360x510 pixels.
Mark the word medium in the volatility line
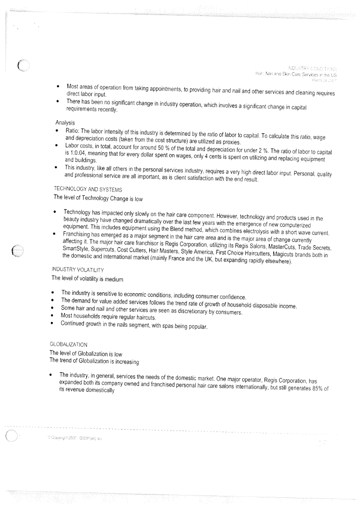click(x=113, y=279)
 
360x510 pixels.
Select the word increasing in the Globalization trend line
click(x=125, y=362)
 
